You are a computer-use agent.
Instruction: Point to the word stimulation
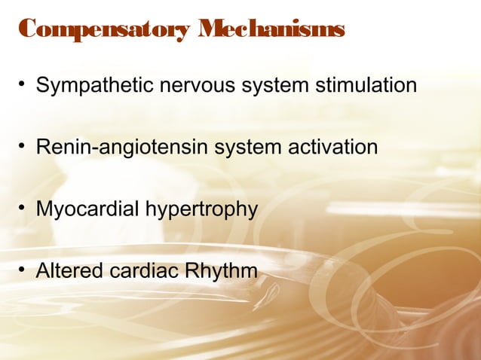click(364, 85)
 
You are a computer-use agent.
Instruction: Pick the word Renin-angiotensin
click(122, 147)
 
